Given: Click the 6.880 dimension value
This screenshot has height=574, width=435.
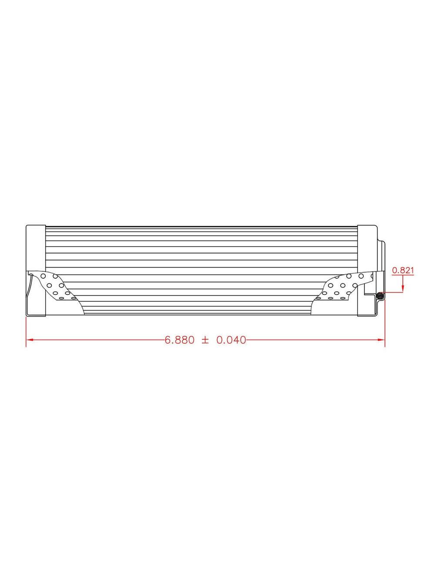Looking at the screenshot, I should coord(179,340).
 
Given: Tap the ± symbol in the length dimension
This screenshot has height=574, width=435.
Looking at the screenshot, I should coord(205,340).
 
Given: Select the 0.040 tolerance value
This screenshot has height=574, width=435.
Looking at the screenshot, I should coord(231,340).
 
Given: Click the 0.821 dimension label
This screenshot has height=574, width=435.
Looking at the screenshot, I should coord(402,270).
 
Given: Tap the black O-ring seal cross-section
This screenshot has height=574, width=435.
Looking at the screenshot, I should coord(381,296).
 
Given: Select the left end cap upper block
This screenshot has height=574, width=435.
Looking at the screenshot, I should coord(36,248).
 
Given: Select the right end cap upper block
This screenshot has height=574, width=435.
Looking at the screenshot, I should coord(367,248).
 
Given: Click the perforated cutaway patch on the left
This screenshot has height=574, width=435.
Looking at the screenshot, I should coord(54,285).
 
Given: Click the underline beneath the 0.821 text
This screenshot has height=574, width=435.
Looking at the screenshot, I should coord(402,275).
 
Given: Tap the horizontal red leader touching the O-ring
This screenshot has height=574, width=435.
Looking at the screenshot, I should coord(394,293).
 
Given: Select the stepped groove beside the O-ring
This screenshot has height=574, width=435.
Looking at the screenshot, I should coord(370,294).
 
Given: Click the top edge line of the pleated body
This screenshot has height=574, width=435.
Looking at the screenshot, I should coord(200,227).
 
